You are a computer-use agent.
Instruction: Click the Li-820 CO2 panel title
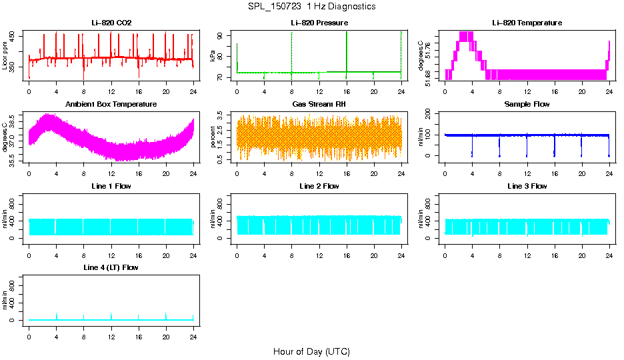(x=111, y=23)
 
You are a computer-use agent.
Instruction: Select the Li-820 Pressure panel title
(x=319, y=23)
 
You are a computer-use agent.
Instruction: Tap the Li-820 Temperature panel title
(x=527, y=23)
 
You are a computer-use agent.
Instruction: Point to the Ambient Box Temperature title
(x=111, y=105)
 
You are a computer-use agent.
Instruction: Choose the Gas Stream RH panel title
(x=319, y=105)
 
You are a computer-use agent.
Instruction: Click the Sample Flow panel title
(x=527, y=105)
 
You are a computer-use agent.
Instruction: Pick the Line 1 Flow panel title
(x=111, y=186)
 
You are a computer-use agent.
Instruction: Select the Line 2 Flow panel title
(x=319, y=186)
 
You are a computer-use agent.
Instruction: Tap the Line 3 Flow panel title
(x=527, y=186)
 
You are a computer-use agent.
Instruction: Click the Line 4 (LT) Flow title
(x=111, y=267)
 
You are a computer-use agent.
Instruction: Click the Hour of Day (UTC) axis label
(x=311, y=351)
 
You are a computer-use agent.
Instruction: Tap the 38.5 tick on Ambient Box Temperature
(x=14, y=116)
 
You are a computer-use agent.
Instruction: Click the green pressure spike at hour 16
(x=347, y=50)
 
